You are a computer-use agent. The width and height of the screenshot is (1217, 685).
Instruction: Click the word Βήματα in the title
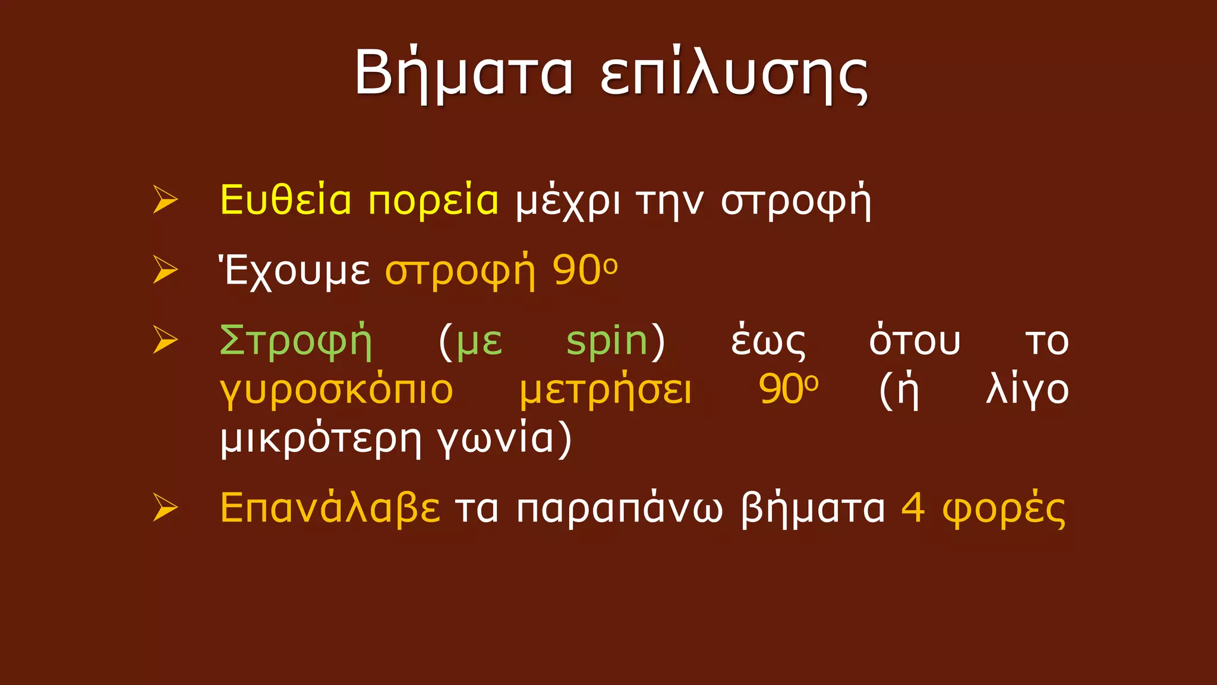click(464, 74)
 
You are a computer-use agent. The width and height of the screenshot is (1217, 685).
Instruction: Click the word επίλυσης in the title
click(734, 75)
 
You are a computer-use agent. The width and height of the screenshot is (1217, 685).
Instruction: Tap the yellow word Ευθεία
click(286, 200)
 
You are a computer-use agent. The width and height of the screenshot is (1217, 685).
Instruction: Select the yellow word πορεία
click(433, 201)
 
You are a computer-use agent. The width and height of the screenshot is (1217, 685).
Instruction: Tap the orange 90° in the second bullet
click(585, 271)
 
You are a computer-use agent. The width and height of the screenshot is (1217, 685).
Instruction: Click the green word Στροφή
click(295, 341)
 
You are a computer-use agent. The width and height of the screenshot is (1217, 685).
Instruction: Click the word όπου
click(915, 341)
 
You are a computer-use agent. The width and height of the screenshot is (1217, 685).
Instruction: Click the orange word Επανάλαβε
click(330, 509)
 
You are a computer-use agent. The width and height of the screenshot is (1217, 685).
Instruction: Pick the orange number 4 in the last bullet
click(913, 508)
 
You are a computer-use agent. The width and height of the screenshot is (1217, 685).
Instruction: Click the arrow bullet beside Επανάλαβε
click(165, 508)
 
